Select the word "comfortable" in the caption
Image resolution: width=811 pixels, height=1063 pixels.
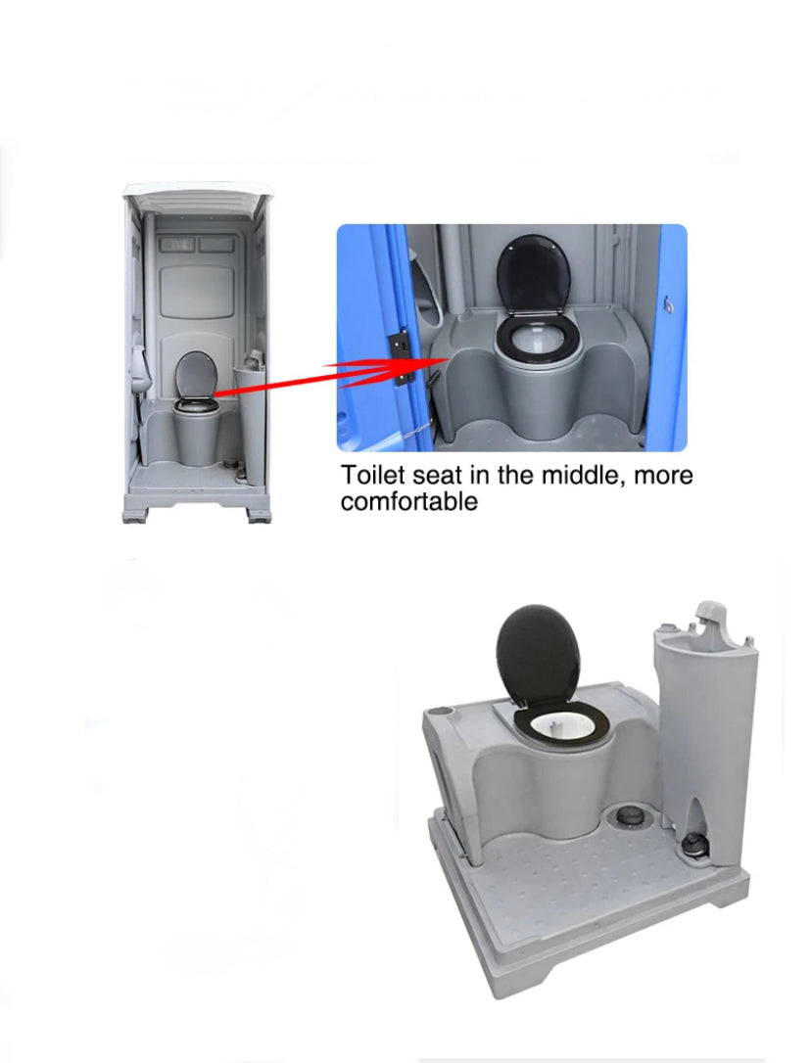click(409, 502)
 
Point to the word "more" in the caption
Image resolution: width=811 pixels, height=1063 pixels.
click(663, 476)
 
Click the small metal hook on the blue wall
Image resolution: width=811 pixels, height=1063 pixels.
click(670, 305)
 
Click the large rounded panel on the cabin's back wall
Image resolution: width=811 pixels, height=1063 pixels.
click(198, 292)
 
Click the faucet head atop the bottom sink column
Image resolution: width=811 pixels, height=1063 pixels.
click(708, 613)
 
